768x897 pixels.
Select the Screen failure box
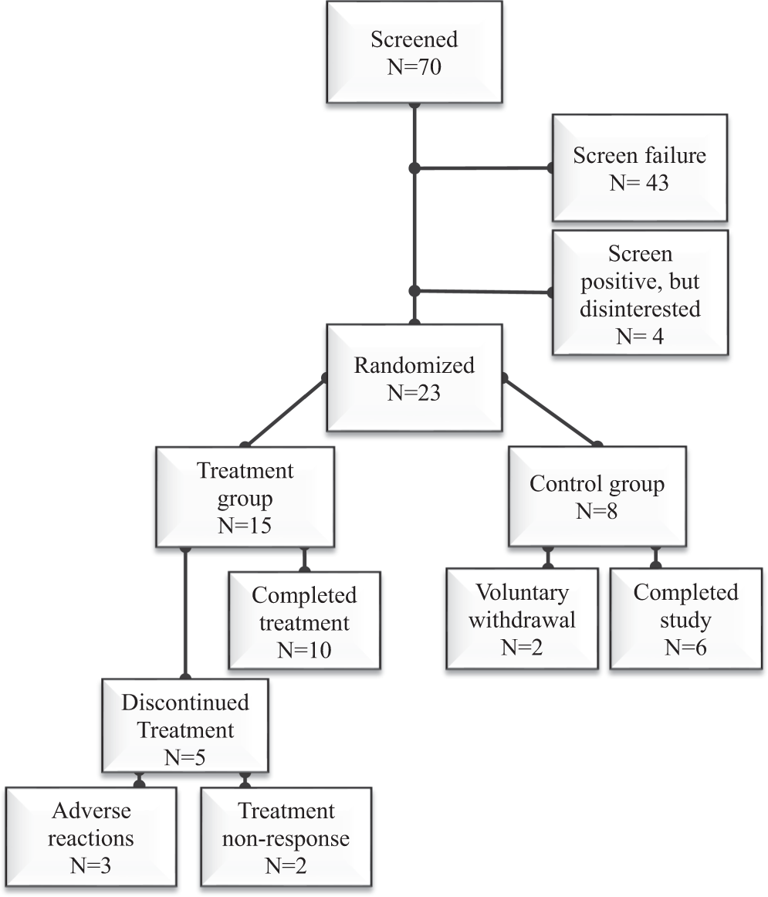pos(639,168)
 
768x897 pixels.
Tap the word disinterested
pos(638,310)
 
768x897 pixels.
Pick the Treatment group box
pos(245,497)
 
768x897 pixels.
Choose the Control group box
pos(597,497)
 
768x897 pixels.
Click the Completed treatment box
pos(304,621)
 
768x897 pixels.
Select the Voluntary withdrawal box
pos(522,619)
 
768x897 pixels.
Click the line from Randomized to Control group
pos(551,411)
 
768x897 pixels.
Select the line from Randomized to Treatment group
pos(284,411)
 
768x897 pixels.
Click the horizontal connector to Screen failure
pos(482,168)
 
